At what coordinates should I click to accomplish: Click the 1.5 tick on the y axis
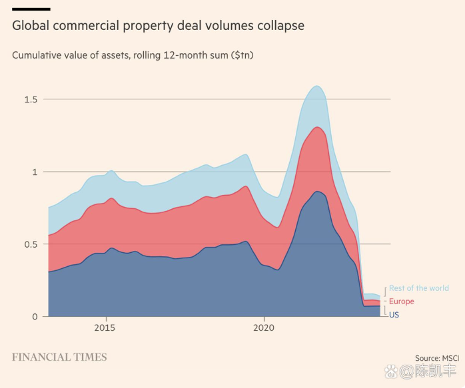pos(31,100)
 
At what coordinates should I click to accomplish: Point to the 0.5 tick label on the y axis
pos(31,244)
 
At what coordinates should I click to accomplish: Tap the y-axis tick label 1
pos(35,172)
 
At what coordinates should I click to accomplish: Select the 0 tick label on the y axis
pos(35,317)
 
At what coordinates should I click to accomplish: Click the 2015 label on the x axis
pos(105,328)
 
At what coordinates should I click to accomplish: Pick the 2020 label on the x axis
pos(264,328)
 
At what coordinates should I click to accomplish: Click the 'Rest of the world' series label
pos(419,288)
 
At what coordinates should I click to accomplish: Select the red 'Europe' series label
pos(402,301)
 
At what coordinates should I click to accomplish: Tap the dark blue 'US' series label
pos(394,315)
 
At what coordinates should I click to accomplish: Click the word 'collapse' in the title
pos(280,26)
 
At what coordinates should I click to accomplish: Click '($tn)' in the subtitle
pos(242,55)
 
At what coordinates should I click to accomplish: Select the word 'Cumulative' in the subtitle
pos(39,55)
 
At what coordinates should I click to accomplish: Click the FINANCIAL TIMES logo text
pos(59,357)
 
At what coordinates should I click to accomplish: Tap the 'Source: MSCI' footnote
pos(437,358)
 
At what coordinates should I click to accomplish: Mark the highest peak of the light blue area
pos(317,86)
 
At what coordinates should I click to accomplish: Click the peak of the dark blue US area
pos(319,192)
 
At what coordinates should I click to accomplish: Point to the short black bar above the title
pos(31,9)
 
